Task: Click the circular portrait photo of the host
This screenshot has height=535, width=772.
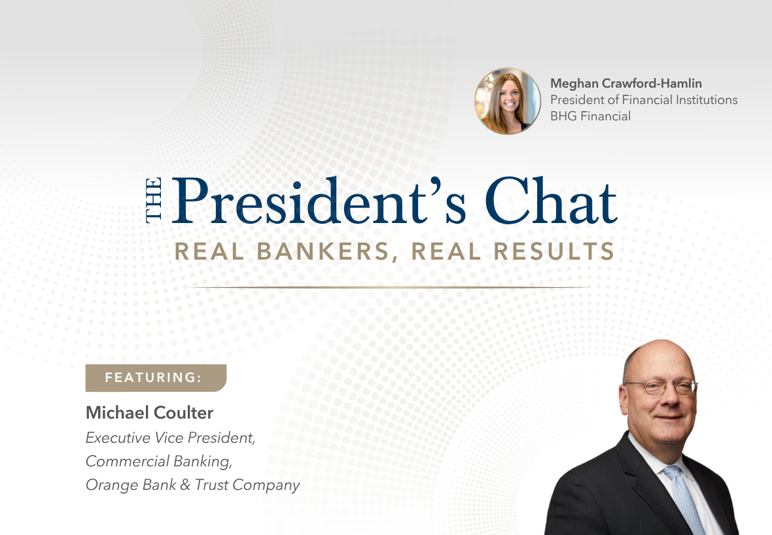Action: (x=508, y=101)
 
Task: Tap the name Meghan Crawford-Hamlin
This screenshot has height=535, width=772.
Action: (x=626, y=83)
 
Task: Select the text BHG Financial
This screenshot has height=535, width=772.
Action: (x=590, y=116)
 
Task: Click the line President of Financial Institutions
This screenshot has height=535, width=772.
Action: (x=644, y=100)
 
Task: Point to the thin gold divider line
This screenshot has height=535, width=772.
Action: (x=387, y=287)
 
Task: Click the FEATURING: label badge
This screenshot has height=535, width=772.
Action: (x=155, y=377)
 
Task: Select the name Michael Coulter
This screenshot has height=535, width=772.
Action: (x=150, y=413)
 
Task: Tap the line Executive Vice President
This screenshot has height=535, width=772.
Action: (x=170, y=438)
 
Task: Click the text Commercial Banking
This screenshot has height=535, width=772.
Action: (x=159, y=461)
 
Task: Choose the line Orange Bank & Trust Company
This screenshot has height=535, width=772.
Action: (x=192, y=485)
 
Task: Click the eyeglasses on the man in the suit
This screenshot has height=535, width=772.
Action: (x=660, y=387)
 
